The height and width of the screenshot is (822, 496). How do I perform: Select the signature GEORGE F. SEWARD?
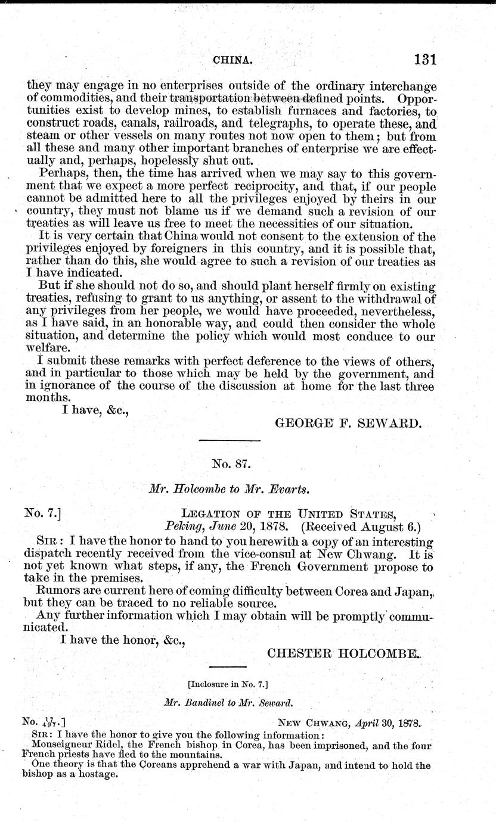click(x=349, y=424)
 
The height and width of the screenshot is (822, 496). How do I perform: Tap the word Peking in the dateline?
click(x=182, y=527)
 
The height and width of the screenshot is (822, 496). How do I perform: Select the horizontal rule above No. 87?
click(x=230, y=441)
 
